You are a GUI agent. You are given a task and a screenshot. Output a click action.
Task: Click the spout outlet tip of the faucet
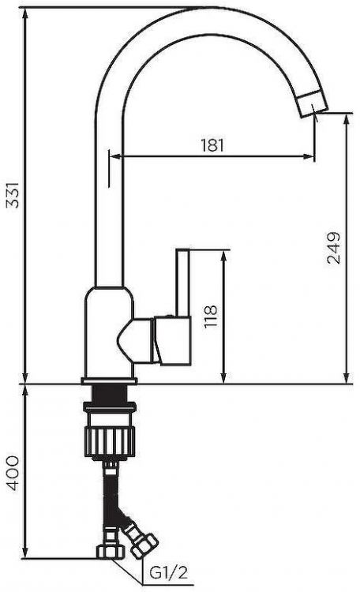coord(313,104)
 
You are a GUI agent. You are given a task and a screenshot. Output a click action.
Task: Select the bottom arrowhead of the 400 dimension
coord(26,552)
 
